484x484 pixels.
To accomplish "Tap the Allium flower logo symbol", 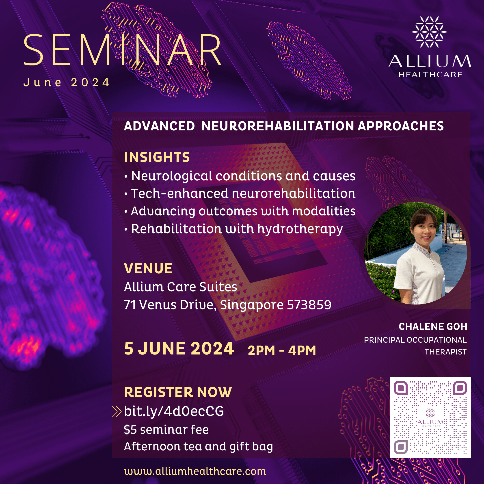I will [429, 32].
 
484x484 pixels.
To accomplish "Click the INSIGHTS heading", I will [157, 157].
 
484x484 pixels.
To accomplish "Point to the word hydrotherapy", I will [300, 229].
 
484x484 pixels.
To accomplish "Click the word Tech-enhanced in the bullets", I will [180, 194].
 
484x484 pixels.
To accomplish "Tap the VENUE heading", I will [148, 269].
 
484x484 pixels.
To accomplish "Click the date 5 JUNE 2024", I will [179, 349].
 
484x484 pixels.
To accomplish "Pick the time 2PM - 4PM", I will [282, 350].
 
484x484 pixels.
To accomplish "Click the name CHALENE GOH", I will [433, 327].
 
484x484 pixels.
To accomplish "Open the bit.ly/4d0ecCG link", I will [174, 411].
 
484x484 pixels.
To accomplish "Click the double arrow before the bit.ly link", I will [117, 412].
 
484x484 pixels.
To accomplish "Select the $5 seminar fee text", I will [166, 430].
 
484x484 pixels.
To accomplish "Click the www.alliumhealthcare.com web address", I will [195, 471].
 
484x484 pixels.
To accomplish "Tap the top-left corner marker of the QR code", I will [401, 388].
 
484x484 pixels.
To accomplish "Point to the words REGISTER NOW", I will [178, 392].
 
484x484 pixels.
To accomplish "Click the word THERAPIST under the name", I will [445, 352].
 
